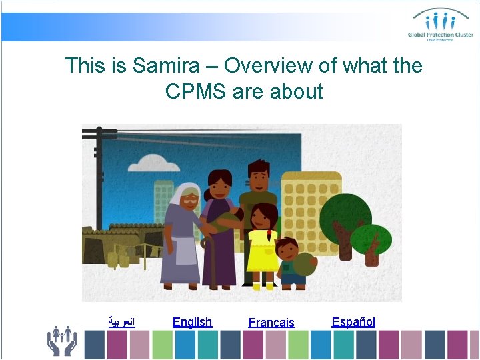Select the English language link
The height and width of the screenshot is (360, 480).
point(192,322)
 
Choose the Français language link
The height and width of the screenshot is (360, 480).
point(271,323)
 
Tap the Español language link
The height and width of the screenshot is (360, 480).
point(353,322)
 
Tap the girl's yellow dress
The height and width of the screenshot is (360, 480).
point(261,250)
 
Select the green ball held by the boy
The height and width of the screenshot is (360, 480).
point(305,265)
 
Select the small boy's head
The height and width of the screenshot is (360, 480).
point(287,250)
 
